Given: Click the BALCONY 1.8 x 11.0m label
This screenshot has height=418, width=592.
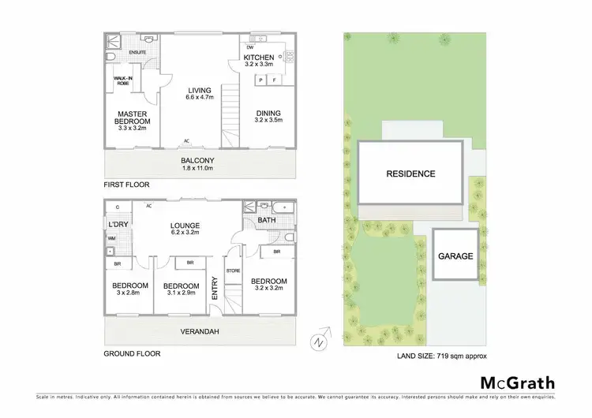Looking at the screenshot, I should click(198, 163).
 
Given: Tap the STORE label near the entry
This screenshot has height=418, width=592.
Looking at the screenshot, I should click(233, 271).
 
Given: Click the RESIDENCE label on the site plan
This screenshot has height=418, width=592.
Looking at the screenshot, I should click(410, 174).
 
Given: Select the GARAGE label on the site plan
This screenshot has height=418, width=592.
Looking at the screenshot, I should click(456, 256).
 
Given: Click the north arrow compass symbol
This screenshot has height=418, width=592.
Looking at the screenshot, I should click(317, 341).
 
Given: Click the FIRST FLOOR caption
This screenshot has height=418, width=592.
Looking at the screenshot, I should click(126, 185).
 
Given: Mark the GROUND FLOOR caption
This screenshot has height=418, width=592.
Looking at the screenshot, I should click(132, 354).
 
